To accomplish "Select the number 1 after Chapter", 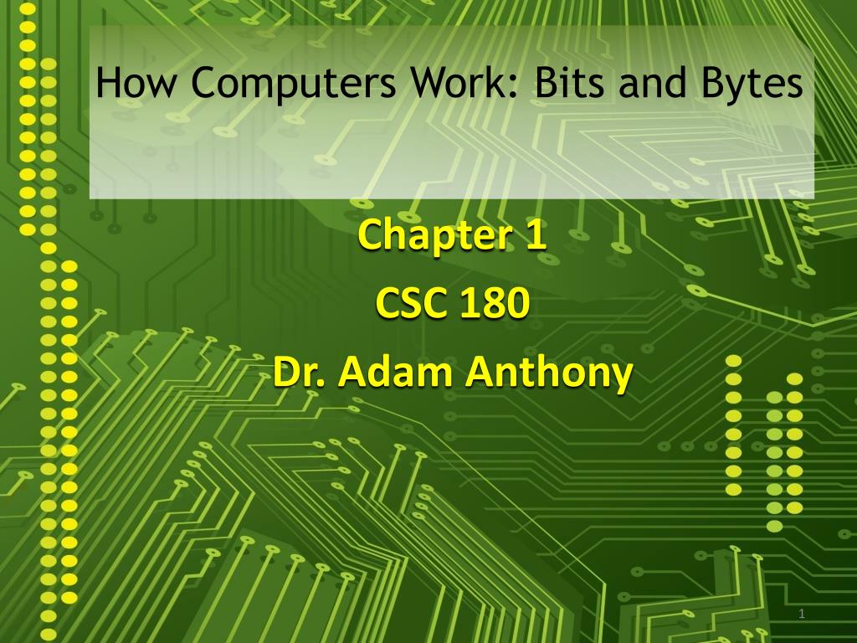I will (536, 235).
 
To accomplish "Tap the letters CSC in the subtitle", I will (408, 304).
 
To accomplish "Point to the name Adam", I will (393, 372).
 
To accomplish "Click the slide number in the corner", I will (802, 615).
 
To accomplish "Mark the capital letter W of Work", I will (426, 84).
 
